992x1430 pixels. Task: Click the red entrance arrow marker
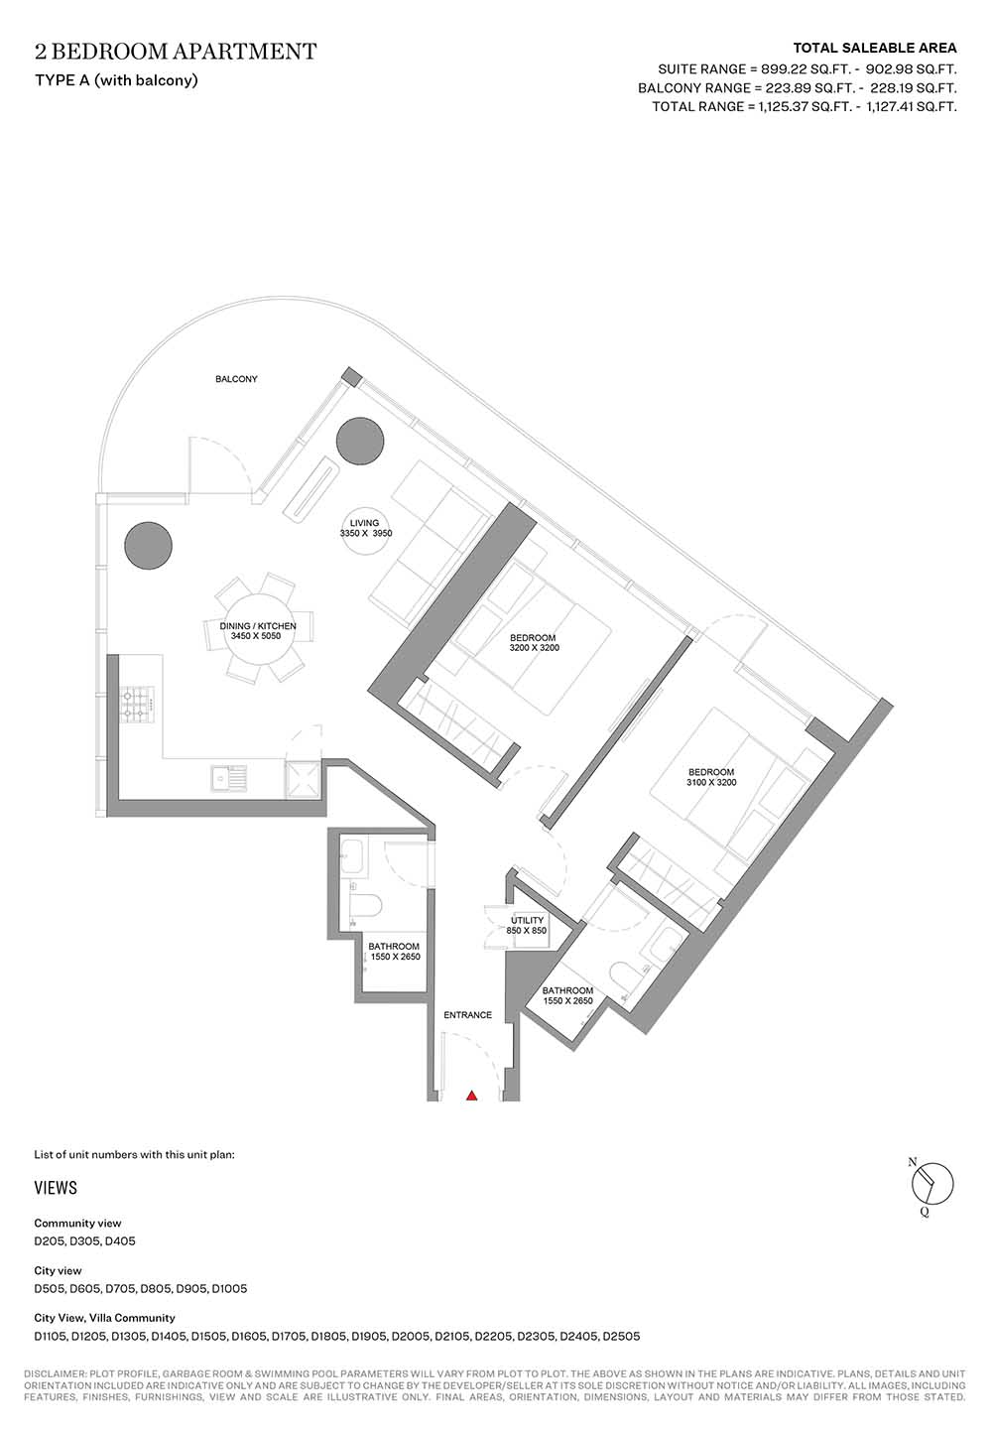(x=471, y=1096)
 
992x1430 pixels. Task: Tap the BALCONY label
(x=236, y=378)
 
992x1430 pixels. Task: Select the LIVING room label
(x=364, y=523)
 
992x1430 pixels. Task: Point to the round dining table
(x=258, y=631)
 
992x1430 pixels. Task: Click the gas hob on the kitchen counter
(x=137, y=705)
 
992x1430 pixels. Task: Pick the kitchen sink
(x=228, y=778)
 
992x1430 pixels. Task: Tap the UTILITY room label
(x=527, y=920)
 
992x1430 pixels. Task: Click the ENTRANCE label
(x=468, y=1014)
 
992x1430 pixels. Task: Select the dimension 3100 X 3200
(x=711, y=782)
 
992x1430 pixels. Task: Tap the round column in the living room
(x=360, y=442)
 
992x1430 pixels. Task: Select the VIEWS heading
(x=56, y=1188)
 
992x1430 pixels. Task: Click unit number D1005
(x=229, y=1288)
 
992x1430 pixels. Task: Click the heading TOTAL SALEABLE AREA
(x=875, y=48)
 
